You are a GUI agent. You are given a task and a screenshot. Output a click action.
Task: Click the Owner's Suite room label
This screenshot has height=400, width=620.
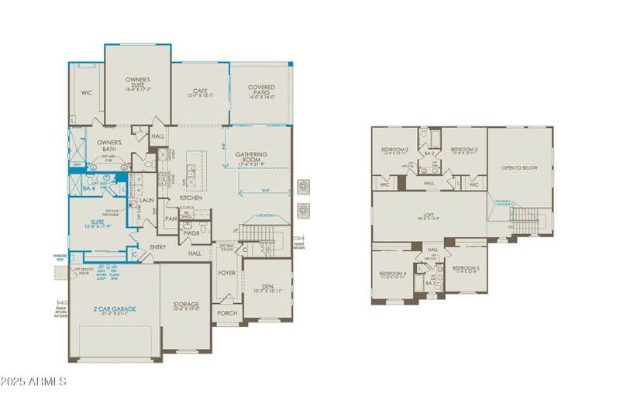pyautogui.click(x=138, y=83)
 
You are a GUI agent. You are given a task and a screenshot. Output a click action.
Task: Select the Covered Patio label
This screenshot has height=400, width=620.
pyautogui.click(x=262, y=90)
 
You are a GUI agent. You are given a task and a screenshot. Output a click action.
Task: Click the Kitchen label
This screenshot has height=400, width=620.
pyautogui.click(x=191, y=198)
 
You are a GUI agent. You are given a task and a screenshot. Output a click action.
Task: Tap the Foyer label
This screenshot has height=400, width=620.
pyautogui.click(x=227, y=273)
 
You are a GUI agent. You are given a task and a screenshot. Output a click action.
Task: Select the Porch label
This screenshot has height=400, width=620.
pyautogui.click(x=227, y=313)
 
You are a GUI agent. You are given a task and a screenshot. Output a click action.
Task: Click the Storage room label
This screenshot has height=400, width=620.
pyautogui.click(x=186, y=305)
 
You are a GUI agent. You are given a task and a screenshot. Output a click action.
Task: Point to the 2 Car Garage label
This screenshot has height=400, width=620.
pyautogui.click(x=115, y=309)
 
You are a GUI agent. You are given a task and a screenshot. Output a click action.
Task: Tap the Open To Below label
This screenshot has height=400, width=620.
pyautogui.click(x=520, y=167)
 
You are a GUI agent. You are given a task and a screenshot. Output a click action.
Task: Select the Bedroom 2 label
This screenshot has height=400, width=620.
pyautogui.click(x=394, y=150)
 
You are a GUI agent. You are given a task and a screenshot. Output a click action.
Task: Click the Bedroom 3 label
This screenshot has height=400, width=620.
pyautogui.click(x=464, y=150)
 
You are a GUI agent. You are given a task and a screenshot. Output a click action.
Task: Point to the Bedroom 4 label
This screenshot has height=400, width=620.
pyautogui.click(x=393, y=274)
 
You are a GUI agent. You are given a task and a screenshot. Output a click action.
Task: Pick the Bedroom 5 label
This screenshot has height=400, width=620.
pyautogui.click(x=467, y=269)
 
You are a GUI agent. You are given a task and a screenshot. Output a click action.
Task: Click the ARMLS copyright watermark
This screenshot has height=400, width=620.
pyautogui.click(x=34, y=381)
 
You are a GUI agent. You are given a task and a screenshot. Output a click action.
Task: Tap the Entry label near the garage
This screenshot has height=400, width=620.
pyautogui.click(x=159, y=247)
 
